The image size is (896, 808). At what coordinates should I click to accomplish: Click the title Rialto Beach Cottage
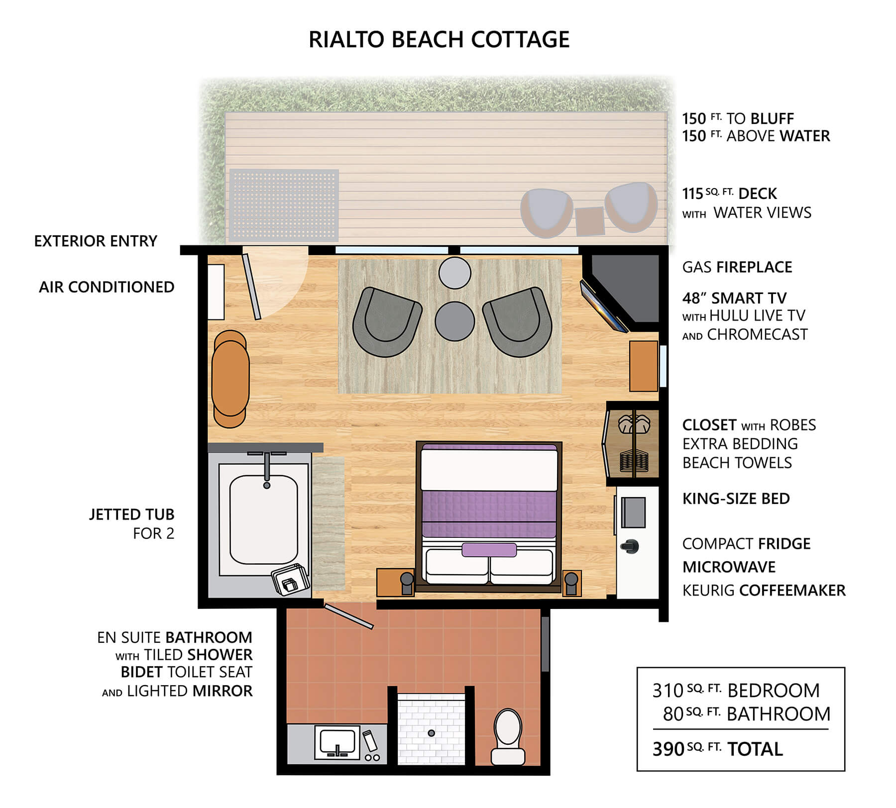pos(439,39)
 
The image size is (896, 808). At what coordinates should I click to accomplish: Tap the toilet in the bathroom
pos(508,736)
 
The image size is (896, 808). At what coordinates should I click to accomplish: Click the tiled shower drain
pos(431,733)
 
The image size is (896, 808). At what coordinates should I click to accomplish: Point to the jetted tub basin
pos(264,519)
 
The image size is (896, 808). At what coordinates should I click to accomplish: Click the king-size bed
pos(489,516)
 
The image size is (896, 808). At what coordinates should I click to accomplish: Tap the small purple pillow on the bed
pos(489,550)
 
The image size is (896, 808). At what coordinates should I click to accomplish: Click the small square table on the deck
pos(590,221)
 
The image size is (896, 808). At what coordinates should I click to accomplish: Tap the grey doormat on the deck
pos(284,205)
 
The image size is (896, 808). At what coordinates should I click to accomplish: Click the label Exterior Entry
pos(96,241)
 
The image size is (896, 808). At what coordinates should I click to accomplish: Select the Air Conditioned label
pos(107,287)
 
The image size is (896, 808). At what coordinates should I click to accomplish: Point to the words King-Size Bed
pos(736,499)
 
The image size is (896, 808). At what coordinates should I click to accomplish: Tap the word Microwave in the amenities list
pos(729,567)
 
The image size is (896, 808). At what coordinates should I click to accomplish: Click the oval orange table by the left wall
pos(230,378)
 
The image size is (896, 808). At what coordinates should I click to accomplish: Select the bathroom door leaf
pos(348,617)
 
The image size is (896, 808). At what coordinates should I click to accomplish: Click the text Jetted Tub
pos(131,514)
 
